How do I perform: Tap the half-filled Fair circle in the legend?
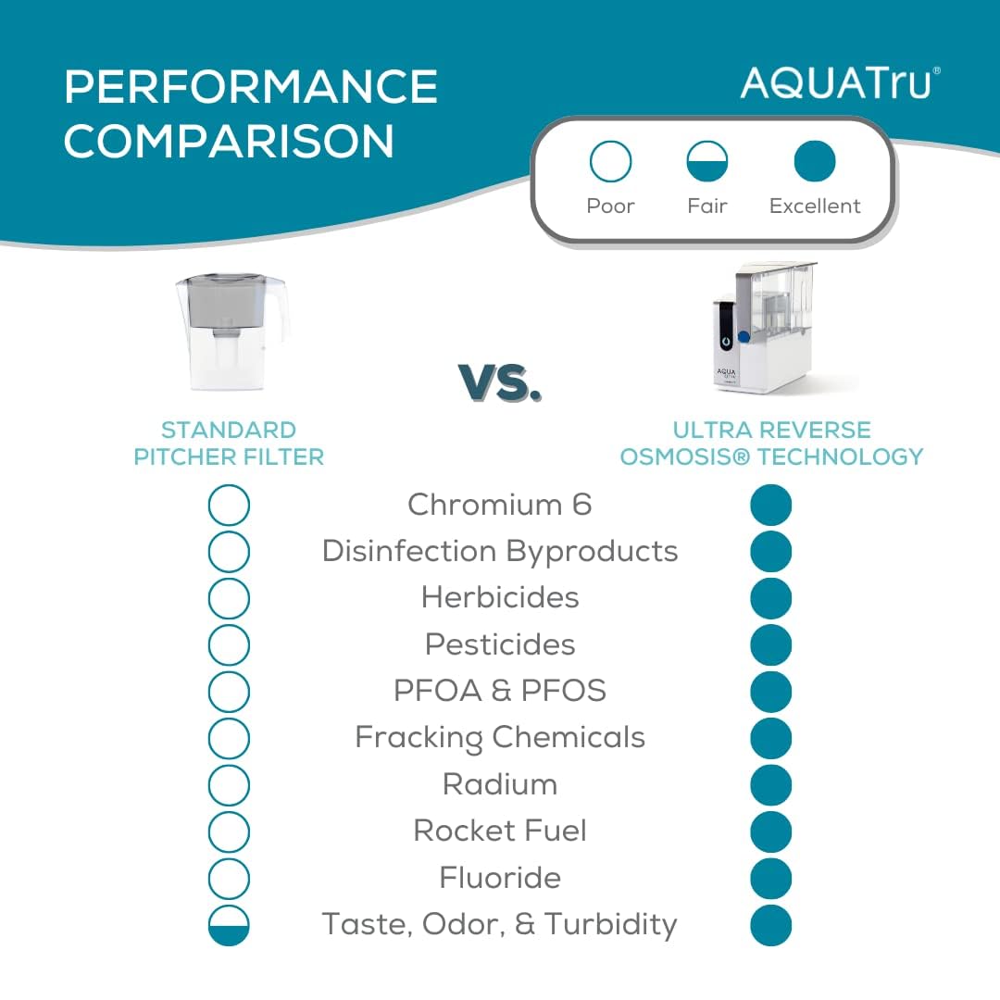pyautogui.click(x=707, y=162)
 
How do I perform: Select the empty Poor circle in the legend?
pyautogui.click(x=610, y=162)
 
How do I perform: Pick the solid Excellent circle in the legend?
pyautogui.click(x=815, y=162)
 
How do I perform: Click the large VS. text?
pyautogui.click(x=500, y=381)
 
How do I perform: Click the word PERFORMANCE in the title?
pyautogui.click(x=251, y=87)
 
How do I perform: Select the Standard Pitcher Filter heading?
pyautogui.click(x=229, y=444)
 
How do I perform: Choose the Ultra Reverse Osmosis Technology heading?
pyautogui.click(x=771, y=444)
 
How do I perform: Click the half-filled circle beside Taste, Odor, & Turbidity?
pyautogui.click(x=229, y=925)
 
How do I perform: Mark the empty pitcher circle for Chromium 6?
pyautogui.click(x=229, y=506)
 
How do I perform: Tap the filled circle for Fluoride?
pyautogui.click(x=771, y=879)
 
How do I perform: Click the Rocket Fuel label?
pyautogui.click(x=500, y=831)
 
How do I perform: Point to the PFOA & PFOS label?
pyautogui.click(x=500, y=691)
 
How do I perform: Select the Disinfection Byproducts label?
pyautogui.click(x=500, y=551)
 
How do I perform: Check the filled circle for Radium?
pyautogui.click(x=771, y=785)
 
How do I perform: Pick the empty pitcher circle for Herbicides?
pyautogui.click(x=229, y=598)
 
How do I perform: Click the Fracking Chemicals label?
pyautogui.click(x=500, y=738)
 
